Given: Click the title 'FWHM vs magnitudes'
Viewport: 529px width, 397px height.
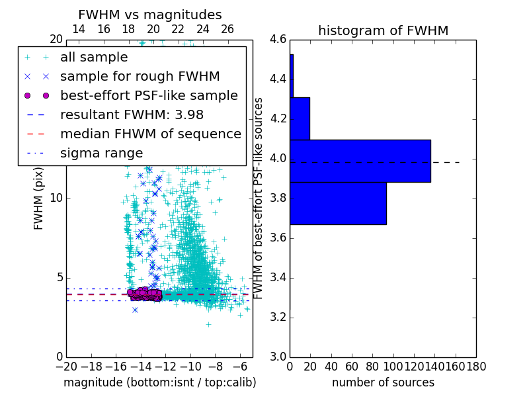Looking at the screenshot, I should click(150, 15).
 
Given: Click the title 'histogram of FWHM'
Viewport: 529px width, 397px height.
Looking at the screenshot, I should click(383, 30).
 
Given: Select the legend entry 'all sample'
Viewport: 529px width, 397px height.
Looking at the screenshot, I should click(94, 58).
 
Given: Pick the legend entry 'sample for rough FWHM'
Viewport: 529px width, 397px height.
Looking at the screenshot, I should click(140, 77).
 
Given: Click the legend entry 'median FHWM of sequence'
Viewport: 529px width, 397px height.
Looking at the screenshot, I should click(150, 134).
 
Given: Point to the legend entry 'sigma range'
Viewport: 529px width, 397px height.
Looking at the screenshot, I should click(101, 153).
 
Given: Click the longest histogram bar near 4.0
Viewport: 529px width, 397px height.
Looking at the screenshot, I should click(360, 161).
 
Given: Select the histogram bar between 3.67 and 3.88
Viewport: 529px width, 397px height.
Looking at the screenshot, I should click(338, 203).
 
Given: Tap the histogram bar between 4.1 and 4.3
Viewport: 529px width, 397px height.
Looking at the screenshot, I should click(300, 118).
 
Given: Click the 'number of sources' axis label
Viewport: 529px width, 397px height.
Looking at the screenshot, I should click(383, 382).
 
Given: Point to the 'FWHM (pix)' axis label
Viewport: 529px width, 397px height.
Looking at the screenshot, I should click(39, 198).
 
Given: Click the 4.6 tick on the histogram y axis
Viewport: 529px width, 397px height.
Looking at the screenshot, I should click(277, 40).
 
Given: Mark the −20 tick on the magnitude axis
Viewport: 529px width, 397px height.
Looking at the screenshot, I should click(66, 366).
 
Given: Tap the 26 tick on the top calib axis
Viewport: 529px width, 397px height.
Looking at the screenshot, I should click(227, 29).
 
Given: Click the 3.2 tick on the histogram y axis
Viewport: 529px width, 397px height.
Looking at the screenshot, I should click(277, 317).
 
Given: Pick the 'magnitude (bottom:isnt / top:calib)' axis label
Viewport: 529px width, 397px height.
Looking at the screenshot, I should click(159, 382).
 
